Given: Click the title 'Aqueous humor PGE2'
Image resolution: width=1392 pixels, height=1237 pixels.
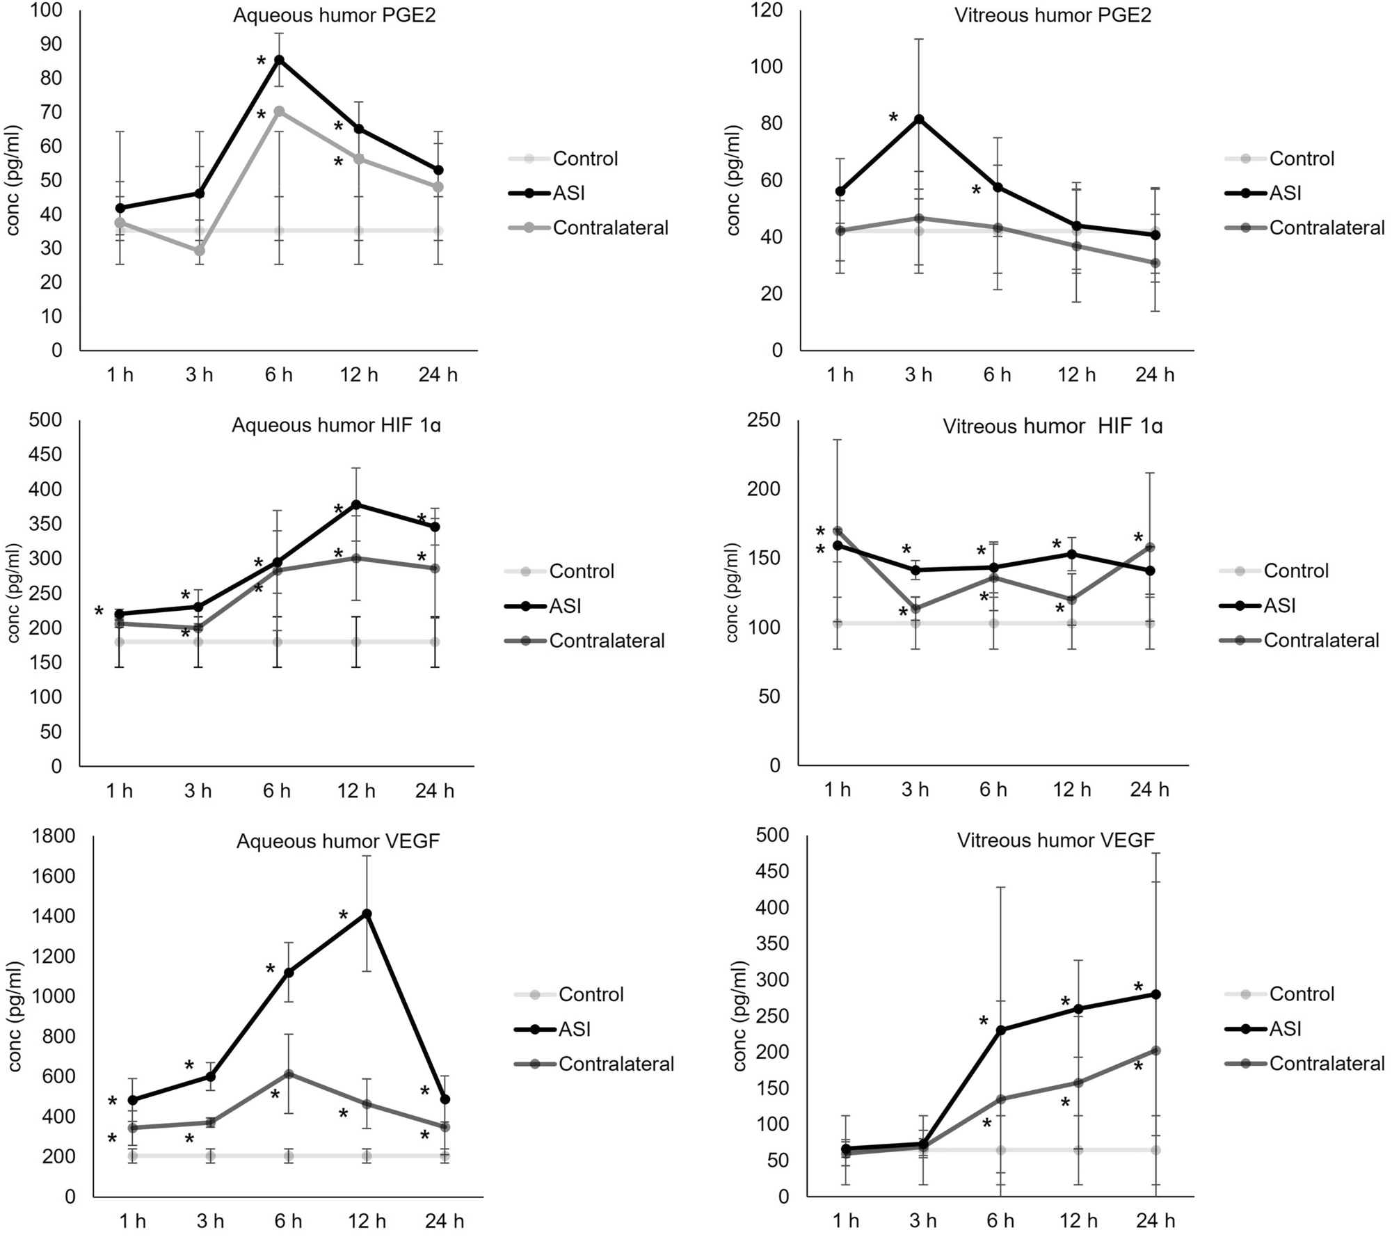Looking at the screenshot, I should click(x=334, y=15).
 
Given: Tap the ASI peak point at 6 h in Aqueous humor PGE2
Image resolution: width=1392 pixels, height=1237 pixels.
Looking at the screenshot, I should click(x=279, y=60).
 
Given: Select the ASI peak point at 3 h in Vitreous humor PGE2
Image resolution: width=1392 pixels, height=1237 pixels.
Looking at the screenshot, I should click(x=919, y=119).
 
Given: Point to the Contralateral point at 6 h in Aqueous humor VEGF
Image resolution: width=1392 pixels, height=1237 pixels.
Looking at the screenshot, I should click(x=287, y=1074).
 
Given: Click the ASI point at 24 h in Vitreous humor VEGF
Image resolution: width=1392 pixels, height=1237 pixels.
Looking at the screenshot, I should click(x=1156, y=994).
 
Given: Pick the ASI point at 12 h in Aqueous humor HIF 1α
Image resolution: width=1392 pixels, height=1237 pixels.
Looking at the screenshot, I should click(x=357, y=504).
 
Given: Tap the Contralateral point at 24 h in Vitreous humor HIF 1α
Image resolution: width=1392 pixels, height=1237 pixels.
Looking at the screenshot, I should click(x=1151, y=547).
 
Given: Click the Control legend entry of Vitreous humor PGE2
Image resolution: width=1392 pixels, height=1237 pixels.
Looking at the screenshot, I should click(x=1301, y=159).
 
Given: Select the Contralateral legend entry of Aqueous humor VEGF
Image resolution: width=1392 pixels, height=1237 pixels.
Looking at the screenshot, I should click(x=616, y=1064).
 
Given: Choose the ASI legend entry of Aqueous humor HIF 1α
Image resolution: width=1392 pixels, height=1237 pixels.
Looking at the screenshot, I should click(x=565, y=606).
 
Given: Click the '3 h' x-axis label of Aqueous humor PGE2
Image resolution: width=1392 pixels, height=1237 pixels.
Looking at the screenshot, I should click(x=199, y=375).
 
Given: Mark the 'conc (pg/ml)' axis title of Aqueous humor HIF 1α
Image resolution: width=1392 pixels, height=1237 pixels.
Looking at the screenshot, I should click(x=14, y=593).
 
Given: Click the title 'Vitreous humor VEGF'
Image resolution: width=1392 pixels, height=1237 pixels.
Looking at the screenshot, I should click(x=1055, y=840).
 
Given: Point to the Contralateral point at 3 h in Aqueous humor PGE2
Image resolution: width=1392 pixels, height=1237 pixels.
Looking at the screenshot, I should click(x=200, y=250).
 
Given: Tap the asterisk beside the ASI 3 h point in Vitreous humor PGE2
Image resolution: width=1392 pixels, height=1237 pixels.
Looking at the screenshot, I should click(x=894, y=118).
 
